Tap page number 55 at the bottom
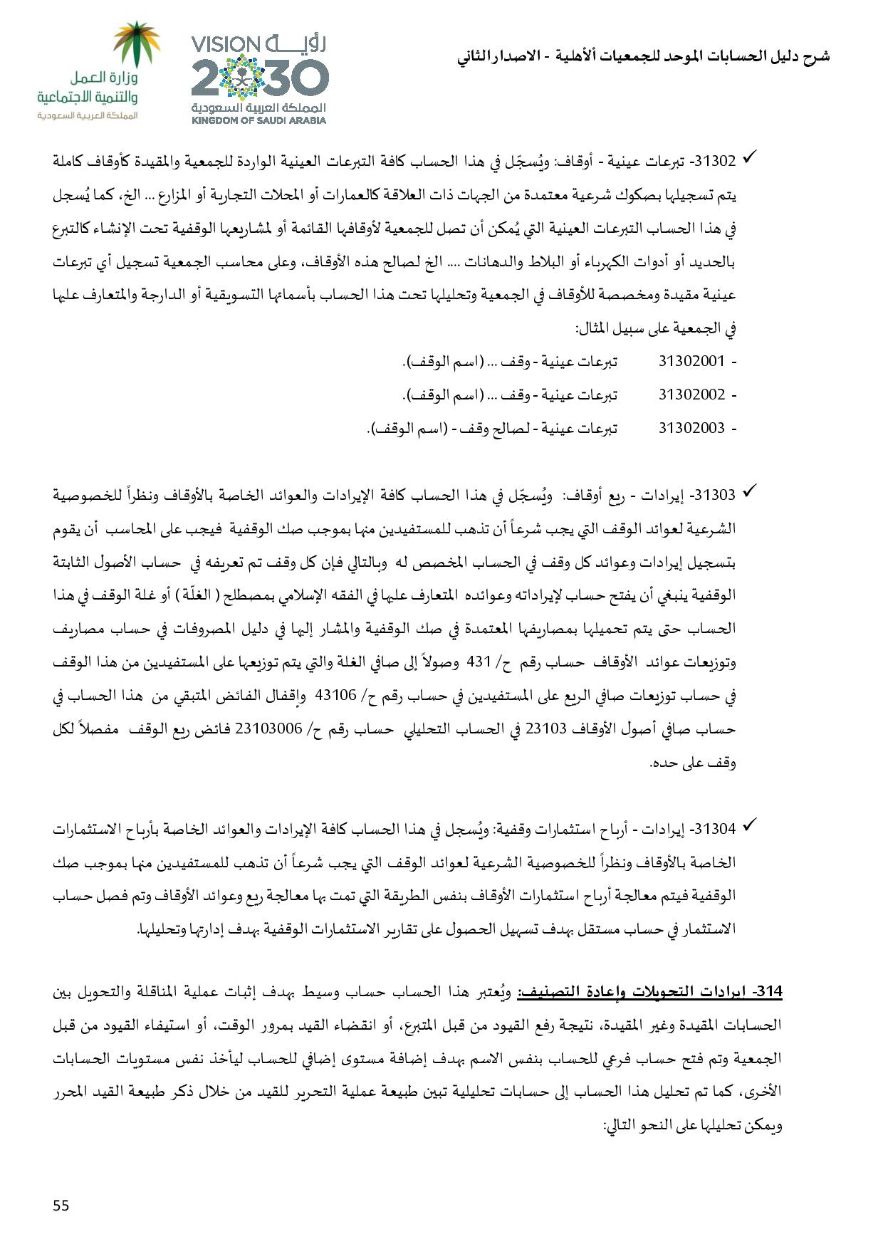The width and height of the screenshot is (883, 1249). (x=61, y=1205)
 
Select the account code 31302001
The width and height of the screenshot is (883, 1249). (x=691, y=361)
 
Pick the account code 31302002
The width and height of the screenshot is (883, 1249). (x=691, y=394)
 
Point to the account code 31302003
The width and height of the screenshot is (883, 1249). (x=691, y=428)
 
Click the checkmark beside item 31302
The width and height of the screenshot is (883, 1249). (x=748, y=158)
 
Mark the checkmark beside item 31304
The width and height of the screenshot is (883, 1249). (x=748, y=827)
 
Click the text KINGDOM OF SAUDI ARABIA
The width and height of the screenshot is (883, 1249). (x=259, y=120)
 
